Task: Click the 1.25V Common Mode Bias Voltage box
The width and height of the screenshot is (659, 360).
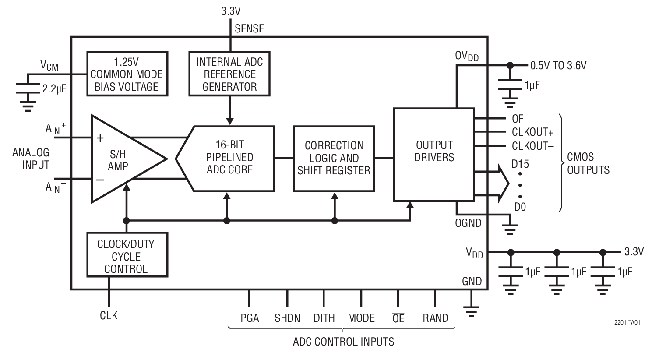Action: tap(127, 74)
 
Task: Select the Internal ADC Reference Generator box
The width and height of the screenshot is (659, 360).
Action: tap(229, 74)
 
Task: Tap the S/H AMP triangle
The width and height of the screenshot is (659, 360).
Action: tap(120, 159)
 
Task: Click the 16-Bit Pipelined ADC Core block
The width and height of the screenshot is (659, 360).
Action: tap(229, 158)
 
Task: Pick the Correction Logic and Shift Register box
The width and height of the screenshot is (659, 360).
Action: tap(334, 158)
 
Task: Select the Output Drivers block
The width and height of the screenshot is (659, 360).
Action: tap(434, 151)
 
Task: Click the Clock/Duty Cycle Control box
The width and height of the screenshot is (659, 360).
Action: tap(127, 256)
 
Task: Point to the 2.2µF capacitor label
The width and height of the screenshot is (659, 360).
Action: tap(54, 89)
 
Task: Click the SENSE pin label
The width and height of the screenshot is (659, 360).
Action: tap(249, 29)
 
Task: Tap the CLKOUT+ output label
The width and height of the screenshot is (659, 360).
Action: tap(530, 132)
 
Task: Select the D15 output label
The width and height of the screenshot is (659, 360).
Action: tap(520, 164)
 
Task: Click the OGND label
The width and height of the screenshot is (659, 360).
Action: tap(468, 223)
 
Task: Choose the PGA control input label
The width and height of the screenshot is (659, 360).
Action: tap(250, 318)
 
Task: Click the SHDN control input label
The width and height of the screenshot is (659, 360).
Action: tap(287, 318)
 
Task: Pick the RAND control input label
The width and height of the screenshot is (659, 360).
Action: tap(435, 318)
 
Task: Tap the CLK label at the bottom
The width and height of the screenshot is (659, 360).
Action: tap(109, 315)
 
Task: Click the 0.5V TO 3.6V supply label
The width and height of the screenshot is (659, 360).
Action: tap(558, 66)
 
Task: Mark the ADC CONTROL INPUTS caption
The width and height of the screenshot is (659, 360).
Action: tap(343, 342)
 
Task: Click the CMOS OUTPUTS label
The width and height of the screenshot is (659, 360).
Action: tap(588, 163)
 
